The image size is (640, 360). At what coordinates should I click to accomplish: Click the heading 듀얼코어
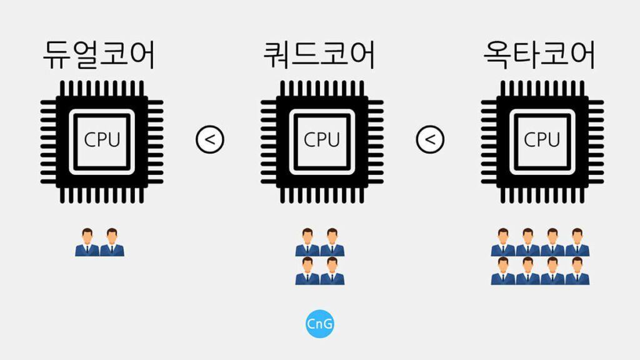pos(99,55)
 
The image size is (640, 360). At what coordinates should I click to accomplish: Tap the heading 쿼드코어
pos(319,55)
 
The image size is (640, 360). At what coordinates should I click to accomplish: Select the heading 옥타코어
pos(539,55)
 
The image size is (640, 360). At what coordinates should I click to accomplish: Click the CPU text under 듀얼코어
pos(102,139)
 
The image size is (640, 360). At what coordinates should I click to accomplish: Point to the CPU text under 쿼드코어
pos(322,139)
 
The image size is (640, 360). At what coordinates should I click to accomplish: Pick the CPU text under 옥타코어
pos(542,139)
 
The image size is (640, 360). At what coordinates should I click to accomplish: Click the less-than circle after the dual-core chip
pos(210,139)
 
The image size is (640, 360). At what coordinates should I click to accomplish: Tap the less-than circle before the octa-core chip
pos(430,139)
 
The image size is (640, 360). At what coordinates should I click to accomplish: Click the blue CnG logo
pos(320,324)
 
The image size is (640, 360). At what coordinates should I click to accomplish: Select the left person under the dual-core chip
pos(87,242)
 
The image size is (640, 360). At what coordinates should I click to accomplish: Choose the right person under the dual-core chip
pos(112,242)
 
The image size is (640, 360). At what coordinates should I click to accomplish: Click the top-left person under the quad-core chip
pos(307,242)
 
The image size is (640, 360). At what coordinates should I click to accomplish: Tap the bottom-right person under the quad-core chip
pos(332,271)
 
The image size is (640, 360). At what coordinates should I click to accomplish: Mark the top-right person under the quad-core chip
pos(332,242)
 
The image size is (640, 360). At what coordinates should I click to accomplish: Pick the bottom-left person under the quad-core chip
pos(307,271)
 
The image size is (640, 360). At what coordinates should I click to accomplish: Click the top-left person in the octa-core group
pos(503,242)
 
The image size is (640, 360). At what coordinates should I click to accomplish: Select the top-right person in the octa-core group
pos(577,242)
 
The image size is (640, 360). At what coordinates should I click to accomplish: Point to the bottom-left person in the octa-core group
pos(503,271)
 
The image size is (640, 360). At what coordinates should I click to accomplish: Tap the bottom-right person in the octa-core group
pos(577,271)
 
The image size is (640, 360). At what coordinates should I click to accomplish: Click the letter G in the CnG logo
pos(327,324)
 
